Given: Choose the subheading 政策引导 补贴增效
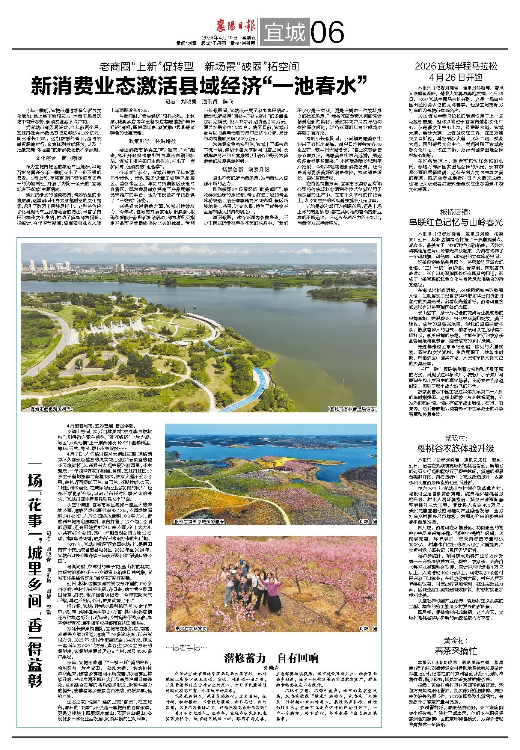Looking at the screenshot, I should click(152, 141).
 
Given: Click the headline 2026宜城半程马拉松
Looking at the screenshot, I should click(456, 66).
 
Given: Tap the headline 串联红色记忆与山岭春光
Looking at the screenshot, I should click(456, 222).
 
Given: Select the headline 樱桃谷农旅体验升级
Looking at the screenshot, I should click(456, 448).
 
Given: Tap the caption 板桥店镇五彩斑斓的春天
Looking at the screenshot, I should click(199, 522).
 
